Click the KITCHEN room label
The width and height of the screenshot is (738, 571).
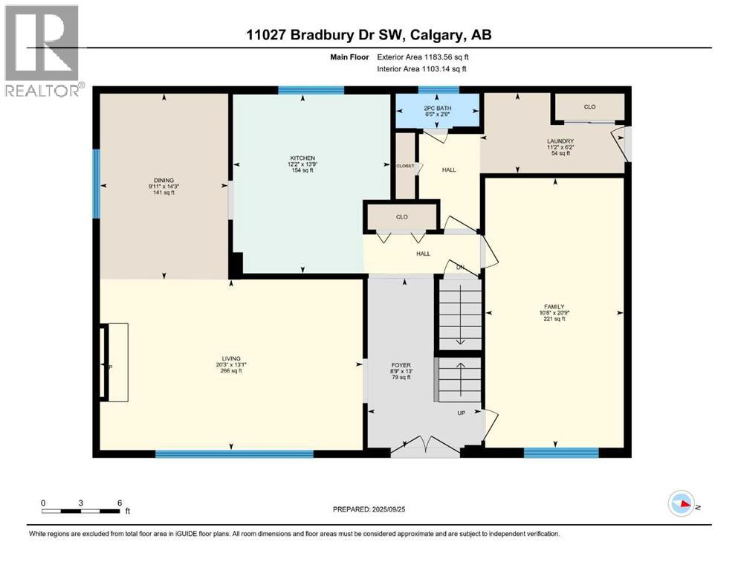tap(302, 158)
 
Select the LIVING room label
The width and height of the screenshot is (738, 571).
tap(230, 358)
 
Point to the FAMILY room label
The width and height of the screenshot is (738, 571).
tap(554, 306)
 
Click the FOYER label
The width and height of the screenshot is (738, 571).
tap(401, 365)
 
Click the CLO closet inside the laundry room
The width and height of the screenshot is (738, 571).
tap(589, 107)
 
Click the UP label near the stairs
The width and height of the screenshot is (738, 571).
tap(461, 413)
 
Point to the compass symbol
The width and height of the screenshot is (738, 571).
tap(682, 503)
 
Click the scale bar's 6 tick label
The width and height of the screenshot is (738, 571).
tap(120, 502)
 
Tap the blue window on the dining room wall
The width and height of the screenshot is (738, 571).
tap(96, 184)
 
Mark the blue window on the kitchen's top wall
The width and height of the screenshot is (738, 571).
tap(311, 90)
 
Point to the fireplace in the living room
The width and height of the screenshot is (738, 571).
tap(114, 363)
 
